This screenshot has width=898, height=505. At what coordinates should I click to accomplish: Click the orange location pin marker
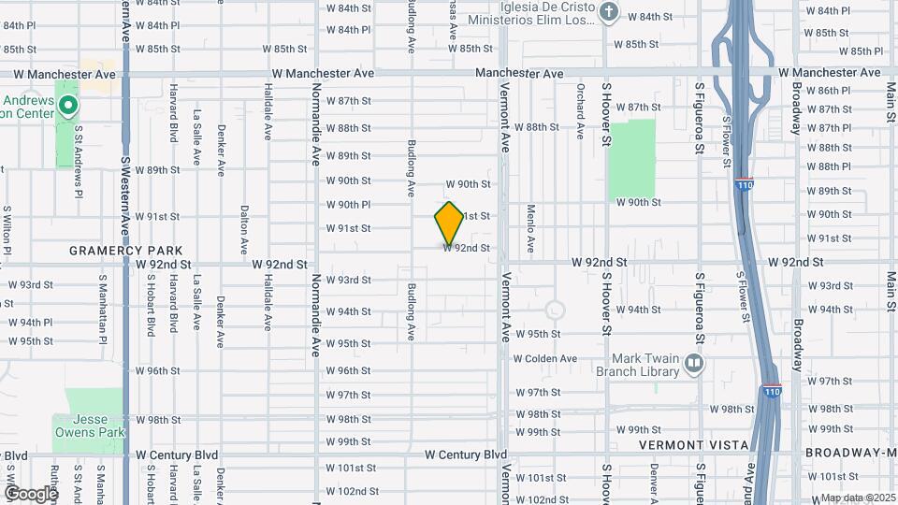[449, 224]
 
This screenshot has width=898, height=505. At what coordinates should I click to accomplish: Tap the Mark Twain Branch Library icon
[693, 362]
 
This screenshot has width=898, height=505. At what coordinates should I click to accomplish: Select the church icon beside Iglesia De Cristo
[609, 12]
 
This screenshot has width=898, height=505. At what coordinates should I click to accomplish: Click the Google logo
[30, 493]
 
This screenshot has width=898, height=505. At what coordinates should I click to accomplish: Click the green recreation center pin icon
[66, 106]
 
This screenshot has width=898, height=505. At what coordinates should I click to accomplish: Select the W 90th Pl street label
[348, 204]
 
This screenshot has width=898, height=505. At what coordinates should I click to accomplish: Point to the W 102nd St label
[353, 491]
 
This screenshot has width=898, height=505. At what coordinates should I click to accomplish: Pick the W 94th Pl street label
[31, 323]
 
